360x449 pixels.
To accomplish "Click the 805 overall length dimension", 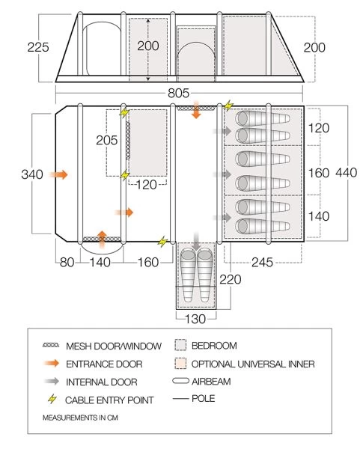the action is tap(178, 93).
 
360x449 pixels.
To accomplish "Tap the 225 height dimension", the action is tap(38, 47).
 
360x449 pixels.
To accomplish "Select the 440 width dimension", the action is tap(347, 173).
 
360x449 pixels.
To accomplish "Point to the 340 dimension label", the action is tap(32, 174).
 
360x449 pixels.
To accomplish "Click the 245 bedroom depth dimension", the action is tap(263, 262).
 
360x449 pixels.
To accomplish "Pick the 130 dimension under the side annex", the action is tap(195, 319).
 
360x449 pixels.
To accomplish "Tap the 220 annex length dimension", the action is tap(231, 279).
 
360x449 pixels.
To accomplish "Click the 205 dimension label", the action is tap(107, 141).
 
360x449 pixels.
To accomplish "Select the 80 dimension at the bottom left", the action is tap(67, 263).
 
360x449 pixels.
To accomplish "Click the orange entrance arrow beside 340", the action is tap(58, 174).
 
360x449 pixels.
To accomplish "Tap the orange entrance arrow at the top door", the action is tap(196, 109).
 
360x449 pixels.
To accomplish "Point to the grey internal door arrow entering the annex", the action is tap(196, 241).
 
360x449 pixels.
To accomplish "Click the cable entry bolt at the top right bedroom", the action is tap(228, 106).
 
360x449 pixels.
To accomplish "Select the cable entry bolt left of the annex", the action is tap(162, 242).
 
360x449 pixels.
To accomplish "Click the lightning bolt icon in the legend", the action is tap(52, 399).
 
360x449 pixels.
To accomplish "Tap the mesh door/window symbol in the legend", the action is tap(51, 345).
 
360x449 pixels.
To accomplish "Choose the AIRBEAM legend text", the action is tap(211, 382).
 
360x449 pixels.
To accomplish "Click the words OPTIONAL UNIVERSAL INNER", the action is tap(253, 364).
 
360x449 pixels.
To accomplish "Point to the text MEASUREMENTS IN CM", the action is tap(80, 418).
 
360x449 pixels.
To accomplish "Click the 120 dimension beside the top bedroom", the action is tap(319, 128).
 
